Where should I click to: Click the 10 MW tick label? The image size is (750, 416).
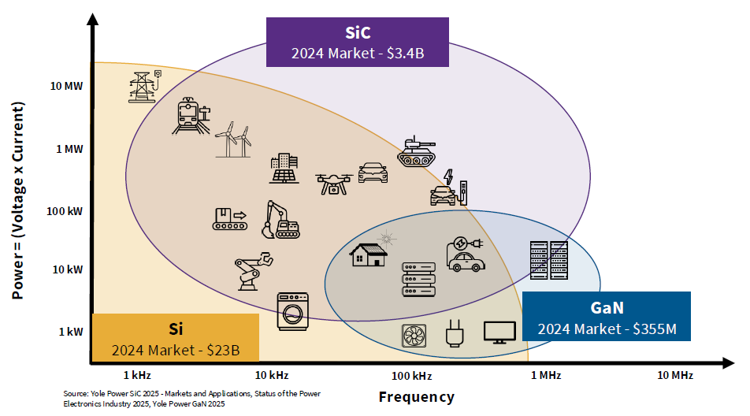point(67,85)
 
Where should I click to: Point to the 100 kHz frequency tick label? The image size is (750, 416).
point(412,375)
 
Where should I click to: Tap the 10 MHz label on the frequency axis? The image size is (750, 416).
point(675,375)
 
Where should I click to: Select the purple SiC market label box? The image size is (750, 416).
point(358,43)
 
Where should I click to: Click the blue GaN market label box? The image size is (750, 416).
point(606,316)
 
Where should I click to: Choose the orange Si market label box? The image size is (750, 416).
point(176,338)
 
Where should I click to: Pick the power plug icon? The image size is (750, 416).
point(453,334)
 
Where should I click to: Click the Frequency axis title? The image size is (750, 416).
point(416,396)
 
